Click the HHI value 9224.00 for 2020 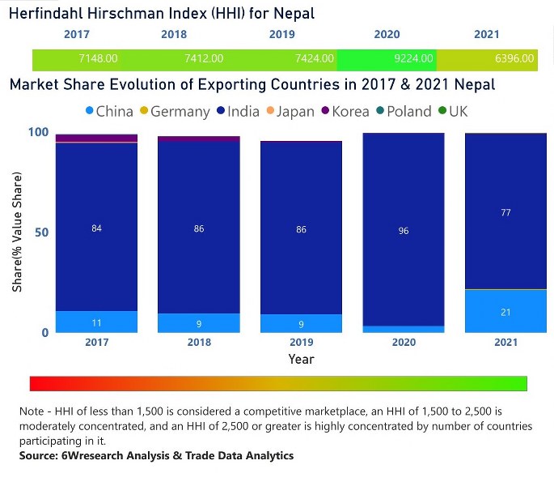pos(411,58)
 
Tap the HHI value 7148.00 pos(98,58)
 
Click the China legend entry pos(108,112)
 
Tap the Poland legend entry pos(402,112)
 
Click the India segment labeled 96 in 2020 pos(404,231)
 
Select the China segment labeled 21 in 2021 pos(505,312)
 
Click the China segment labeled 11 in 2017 pos(96,322)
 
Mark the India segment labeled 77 pos(505,212)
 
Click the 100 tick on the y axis pos(39,132)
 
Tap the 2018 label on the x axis pos(198,343)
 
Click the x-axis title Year pos(301,359)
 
